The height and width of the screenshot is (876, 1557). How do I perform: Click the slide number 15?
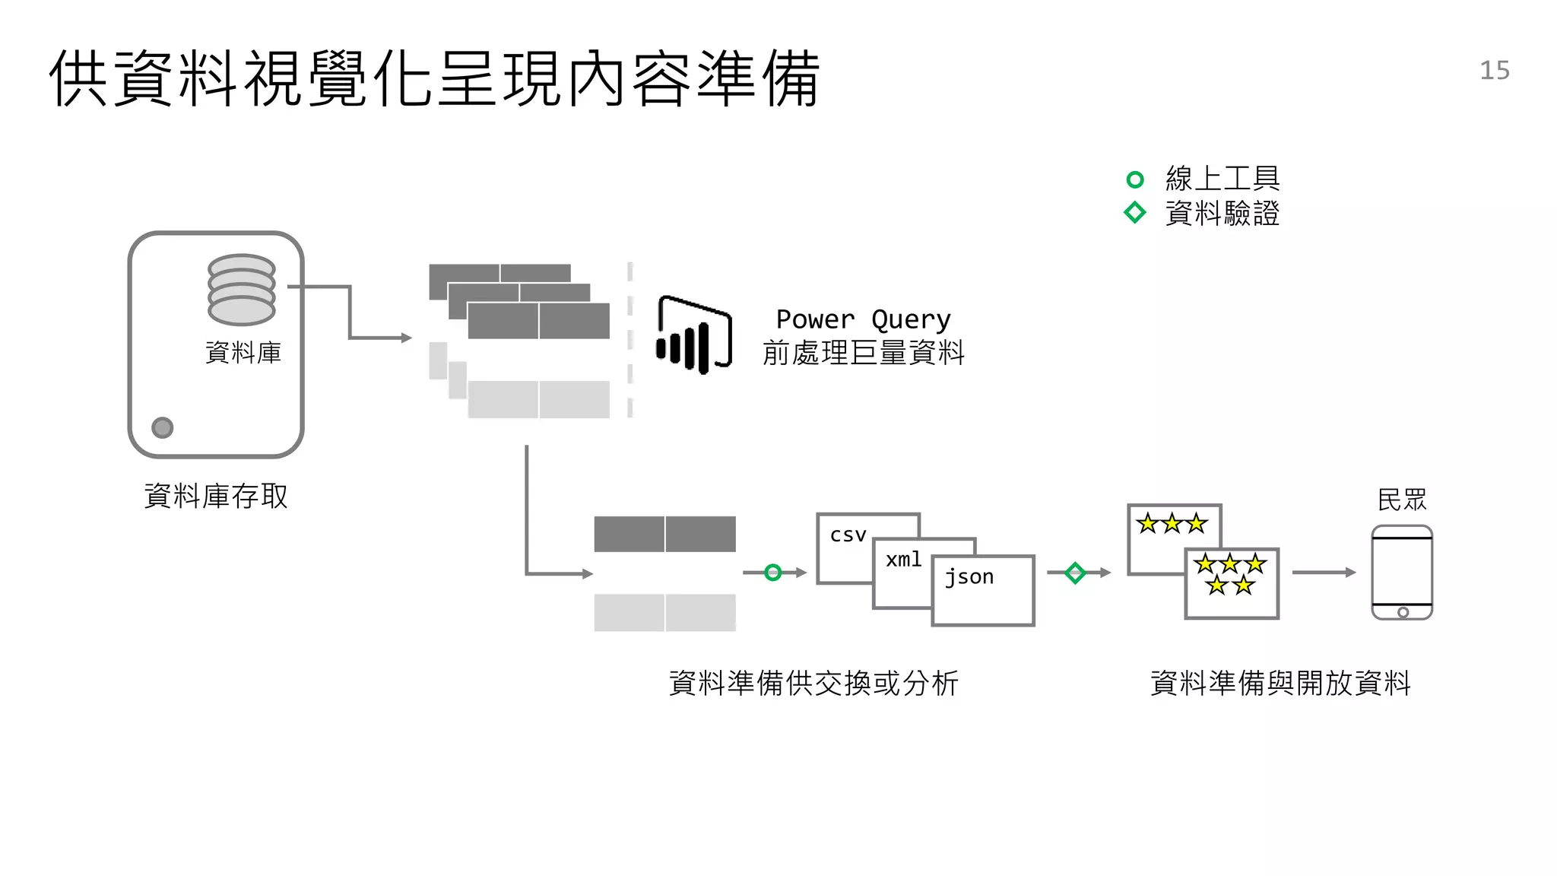1494,71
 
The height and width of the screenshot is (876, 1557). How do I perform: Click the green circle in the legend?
1134,179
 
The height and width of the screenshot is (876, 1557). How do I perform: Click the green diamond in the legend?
1134,212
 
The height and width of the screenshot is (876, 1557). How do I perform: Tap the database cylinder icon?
241,290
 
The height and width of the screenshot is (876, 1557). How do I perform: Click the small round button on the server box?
162,427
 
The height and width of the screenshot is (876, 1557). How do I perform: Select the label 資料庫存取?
216,497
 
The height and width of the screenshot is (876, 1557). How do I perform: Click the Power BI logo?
693,335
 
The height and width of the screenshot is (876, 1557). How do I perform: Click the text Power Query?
863,319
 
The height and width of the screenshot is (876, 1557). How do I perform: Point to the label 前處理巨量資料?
863,353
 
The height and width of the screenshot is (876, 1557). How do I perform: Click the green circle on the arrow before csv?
772,573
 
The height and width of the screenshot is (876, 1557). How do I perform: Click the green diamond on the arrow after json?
1074,573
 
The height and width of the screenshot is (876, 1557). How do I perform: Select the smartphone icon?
1402,573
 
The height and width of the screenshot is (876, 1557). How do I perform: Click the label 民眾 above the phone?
1402,500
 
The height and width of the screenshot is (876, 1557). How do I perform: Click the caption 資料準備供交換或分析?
813,683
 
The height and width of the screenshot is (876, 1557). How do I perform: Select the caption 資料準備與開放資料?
1280,683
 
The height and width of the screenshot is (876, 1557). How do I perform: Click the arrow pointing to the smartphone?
1323,573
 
